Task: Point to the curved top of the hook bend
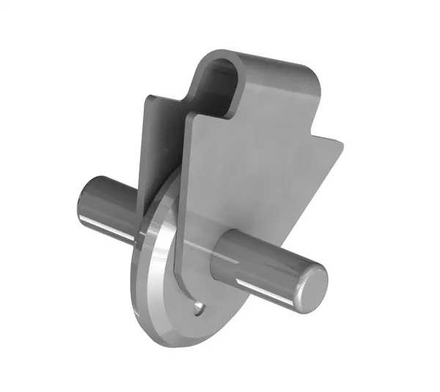click(220, 54)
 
